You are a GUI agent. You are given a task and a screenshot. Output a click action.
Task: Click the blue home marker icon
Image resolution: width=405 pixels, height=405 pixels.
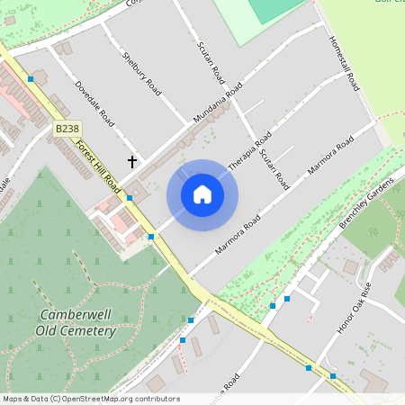[202, 194]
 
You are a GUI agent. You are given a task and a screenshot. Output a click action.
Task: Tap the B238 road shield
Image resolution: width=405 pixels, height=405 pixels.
[67, 130]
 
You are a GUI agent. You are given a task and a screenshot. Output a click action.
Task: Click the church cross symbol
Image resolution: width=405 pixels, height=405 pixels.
[133, 161]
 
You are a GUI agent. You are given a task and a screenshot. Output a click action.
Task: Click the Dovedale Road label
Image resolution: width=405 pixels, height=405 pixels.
[94, 106]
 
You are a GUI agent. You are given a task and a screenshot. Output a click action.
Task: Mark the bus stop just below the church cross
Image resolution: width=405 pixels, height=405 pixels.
[130, 198]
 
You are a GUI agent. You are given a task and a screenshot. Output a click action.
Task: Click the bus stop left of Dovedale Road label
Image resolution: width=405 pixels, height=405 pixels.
[31, 79]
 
